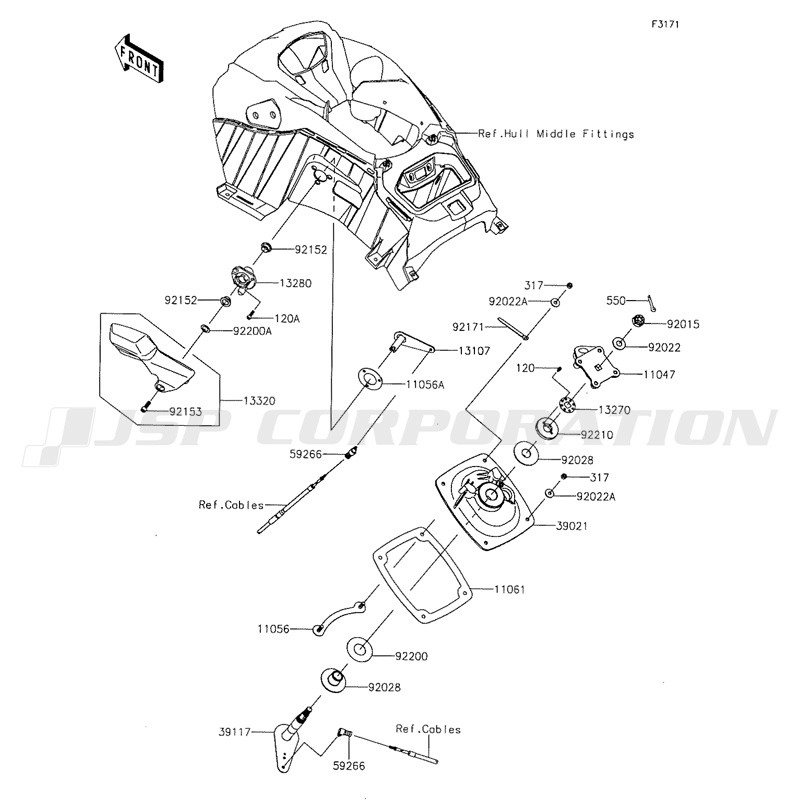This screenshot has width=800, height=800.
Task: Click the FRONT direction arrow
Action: (138, 58)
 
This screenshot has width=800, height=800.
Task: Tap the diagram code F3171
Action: (665, 24)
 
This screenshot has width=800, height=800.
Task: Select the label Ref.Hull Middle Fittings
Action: (556, 134)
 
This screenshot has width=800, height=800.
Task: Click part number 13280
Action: (295, 283)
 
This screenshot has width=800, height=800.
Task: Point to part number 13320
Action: (259, 401)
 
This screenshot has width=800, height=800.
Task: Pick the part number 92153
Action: (186, 411)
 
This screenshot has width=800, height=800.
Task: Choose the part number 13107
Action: (474, 351)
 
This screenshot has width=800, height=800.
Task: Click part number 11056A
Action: (425, 385)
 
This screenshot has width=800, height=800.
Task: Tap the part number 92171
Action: (469, 326)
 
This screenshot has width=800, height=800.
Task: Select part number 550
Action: (616, 301)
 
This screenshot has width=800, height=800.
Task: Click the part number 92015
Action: (683, 324)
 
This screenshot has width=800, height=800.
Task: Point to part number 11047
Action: (659, 374)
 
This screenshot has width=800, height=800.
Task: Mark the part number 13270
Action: (614, 410)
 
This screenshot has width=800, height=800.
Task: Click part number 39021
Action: (571, 526)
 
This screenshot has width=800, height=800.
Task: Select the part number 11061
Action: (509, 589)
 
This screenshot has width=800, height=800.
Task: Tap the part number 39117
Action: (234, 732)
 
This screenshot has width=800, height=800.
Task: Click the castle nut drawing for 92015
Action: (638, 320)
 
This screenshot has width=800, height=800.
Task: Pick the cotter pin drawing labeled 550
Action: (652, 303)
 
